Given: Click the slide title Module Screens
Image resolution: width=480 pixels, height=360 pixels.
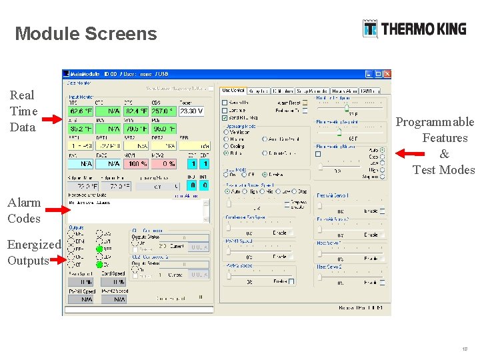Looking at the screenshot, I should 86,34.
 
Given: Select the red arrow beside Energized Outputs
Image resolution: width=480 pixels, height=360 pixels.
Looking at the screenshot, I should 58,261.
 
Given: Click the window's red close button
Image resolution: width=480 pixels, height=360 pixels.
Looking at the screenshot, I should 387,75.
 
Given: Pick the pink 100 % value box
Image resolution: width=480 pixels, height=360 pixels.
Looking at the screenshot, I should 137,163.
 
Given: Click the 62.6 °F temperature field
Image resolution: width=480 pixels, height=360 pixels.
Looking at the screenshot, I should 81,111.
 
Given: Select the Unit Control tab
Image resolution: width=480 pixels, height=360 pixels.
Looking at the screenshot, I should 233,90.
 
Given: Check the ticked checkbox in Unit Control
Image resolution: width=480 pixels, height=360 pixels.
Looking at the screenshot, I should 225,117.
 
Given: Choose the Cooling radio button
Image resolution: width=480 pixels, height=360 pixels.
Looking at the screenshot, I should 225,146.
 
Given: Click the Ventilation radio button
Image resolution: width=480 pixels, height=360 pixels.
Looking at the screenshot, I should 225,132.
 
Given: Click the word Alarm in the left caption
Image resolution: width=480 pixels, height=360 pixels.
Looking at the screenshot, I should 24,202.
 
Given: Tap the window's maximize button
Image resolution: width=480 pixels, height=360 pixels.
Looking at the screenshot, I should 378,75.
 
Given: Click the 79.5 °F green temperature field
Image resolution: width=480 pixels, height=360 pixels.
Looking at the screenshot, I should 137,129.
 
